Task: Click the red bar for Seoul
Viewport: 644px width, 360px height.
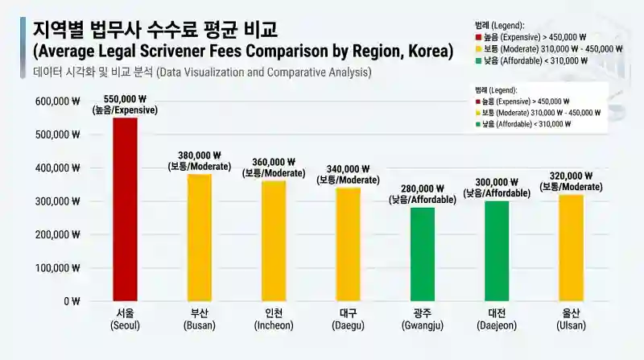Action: [125, 209]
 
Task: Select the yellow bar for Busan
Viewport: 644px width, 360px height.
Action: [200, 238]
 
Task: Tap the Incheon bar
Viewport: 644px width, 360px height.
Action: [274, 241]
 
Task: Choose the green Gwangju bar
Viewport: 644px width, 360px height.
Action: [423, 254]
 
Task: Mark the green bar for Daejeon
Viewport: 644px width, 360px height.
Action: [497, 250]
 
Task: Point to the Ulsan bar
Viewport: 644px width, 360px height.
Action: [571, 247]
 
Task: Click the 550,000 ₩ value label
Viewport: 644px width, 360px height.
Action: [125, 99]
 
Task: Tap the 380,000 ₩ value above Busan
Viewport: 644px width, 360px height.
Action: [200, 155]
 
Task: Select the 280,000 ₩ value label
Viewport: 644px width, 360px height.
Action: [423, 189]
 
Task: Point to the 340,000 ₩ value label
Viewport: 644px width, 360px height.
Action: [348, 169]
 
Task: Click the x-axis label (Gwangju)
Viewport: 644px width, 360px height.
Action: [423, 325]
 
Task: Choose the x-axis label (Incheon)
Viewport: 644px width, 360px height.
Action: [274, 325]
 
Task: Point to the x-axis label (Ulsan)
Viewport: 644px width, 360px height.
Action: [571, 325]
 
